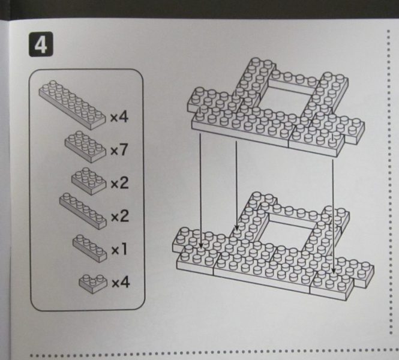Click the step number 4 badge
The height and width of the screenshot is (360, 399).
[41, 44]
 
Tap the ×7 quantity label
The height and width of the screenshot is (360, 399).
[119, 149]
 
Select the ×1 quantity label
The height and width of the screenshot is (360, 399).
[119, 250]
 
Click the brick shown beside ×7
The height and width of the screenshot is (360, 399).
[85, 147]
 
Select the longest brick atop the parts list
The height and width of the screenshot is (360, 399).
[72, 104]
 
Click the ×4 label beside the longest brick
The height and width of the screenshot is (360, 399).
[119, 117]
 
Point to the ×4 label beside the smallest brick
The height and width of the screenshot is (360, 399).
[121, 283]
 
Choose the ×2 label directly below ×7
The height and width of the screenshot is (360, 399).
[119, 182]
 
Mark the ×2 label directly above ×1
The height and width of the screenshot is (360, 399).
[120, 216]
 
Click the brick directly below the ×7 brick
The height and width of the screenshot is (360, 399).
[89, 181]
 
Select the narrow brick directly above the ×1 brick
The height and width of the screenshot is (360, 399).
[83, 211]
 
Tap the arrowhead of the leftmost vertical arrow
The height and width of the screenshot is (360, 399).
[200, 245]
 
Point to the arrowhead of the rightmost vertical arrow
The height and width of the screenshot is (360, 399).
[334, 271]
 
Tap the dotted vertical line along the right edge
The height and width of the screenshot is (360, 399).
[389, 181]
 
